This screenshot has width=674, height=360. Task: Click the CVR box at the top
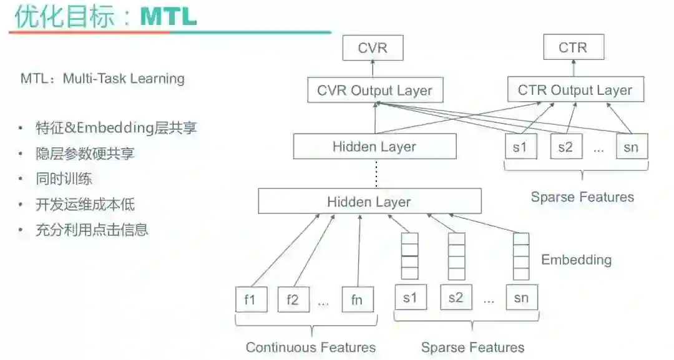pos(373,48)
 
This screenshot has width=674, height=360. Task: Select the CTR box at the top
pos(573,48)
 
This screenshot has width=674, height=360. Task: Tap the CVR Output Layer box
pos(374,90)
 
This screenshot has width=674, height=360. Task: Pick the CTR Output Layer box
pos(575,90)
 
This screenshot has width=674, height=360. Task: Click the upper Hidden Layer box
pos(374,147)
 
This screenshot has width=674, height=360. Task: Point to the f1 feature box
pos(251,299)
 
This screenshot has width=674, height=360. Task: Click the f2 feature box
pos(293,299)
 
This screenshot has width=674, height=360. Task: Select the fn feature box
pos(357,299)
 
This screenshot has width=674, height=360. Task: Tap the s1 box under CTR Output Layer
pos(520,147)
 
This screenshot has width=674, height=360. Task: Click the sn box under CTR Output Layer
pos(631,147)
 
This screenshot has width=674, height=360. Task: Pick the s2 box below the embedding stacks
pos(456,298)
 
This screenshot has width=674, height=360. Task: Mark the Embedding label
pos(576,260)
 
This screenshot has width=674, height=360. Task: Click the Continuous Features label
pos(311,348)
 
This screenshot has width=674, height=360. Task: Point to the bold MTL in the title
pos(168,17)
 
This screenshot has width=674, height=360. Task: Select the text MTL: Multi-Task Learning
pos(102,79)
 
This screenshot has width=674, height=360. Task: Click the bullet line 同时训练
pos(64,179)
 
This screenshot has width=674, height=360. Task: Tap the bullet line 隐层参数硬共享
pos(85,153)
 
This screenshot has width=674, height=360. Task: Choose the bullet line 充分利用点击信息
pos(92,230)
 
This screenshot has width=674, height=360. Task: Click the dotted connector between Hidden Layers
pos(376,174)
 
